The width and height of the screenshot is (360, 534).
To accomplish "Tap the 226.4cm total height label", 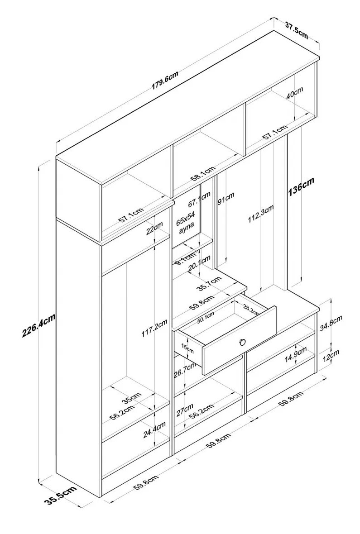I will (x=38, y=324).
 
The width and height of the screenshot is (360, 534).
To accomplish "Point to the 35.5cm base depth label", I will (x=60, y=495).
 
